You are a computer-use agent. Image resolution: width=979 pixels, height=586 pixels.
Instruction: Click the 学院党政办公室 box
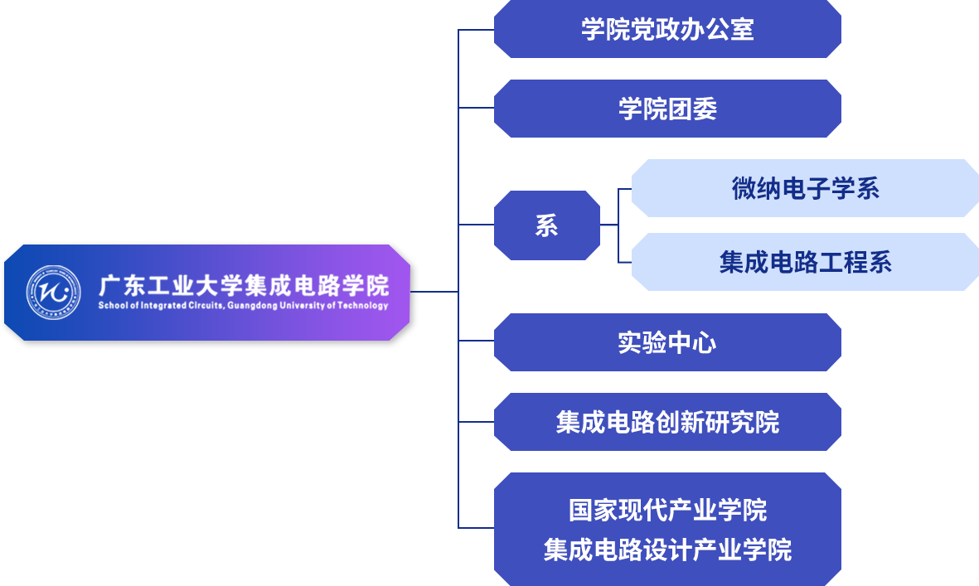(x=667, y=30)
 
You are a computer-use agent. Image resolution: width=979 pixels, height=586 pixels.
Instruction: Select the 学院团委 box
(x=667, y=109)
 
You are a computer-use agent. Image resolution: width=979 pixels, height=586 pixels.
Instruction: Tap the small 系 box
(x=546, y=225)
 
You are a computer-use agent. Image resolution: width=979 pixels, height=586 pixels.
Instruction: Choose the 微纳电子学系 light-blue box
(x=805, y=188)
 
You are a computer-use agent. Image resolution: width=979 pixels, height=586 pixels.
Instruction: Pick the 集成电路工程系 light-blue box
(x=805, y=262)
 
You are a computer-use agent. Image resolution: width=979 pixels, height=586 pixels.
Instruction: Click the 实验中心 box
(x=667, y=342)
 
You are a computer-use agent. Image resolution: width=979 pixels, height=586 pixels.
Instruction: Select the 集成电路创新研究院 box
(x=667, y=422)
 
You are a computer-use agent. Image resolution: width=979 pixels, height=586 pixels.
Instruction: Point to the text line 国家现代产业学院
(x=667, y=510)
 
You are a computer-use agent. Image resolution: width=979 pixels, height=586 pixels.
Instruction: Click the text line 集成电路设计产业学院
(x=667, y=550)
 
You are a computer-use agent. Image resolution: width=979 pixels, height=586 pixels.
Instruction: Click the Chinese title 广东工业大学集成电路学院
(x=243, y=286)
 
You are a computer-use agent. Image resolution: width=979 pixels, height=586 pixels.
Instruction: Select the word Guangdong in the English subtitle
(x=254, y=306)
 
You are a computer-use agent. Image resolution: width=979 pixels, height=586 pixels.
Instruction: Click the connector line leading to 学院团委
(x=477, y=108)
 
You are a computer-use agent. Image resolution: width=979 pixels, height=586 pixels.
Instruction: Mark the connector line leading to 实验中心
(x=477, y=341)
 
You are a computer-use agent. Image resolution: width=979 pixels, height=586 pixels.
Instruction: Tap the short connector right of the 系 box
(x=609, y=225)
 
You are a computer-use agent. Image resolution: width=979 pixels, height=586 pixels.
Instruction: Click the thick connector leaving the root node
(x=438, y=292)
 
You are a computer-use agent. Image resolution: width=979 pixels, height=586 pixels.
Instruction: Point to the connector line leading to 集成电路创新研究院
(x=477, y=421)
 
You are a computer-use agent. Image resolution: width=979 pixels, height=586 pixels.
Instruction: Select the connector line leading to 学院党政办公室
(x=477, y=30)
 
